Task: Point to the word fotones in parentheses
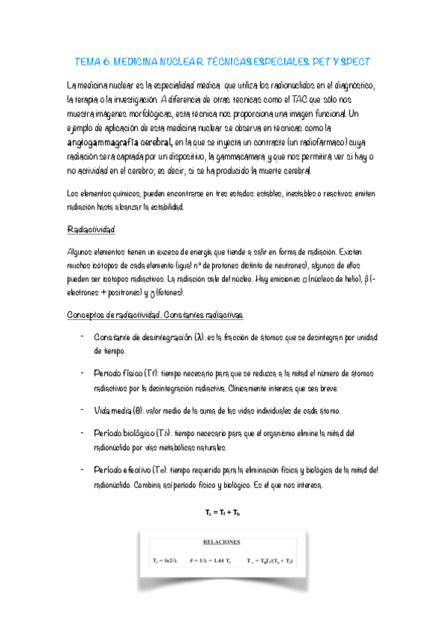[x=179, y=292]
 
